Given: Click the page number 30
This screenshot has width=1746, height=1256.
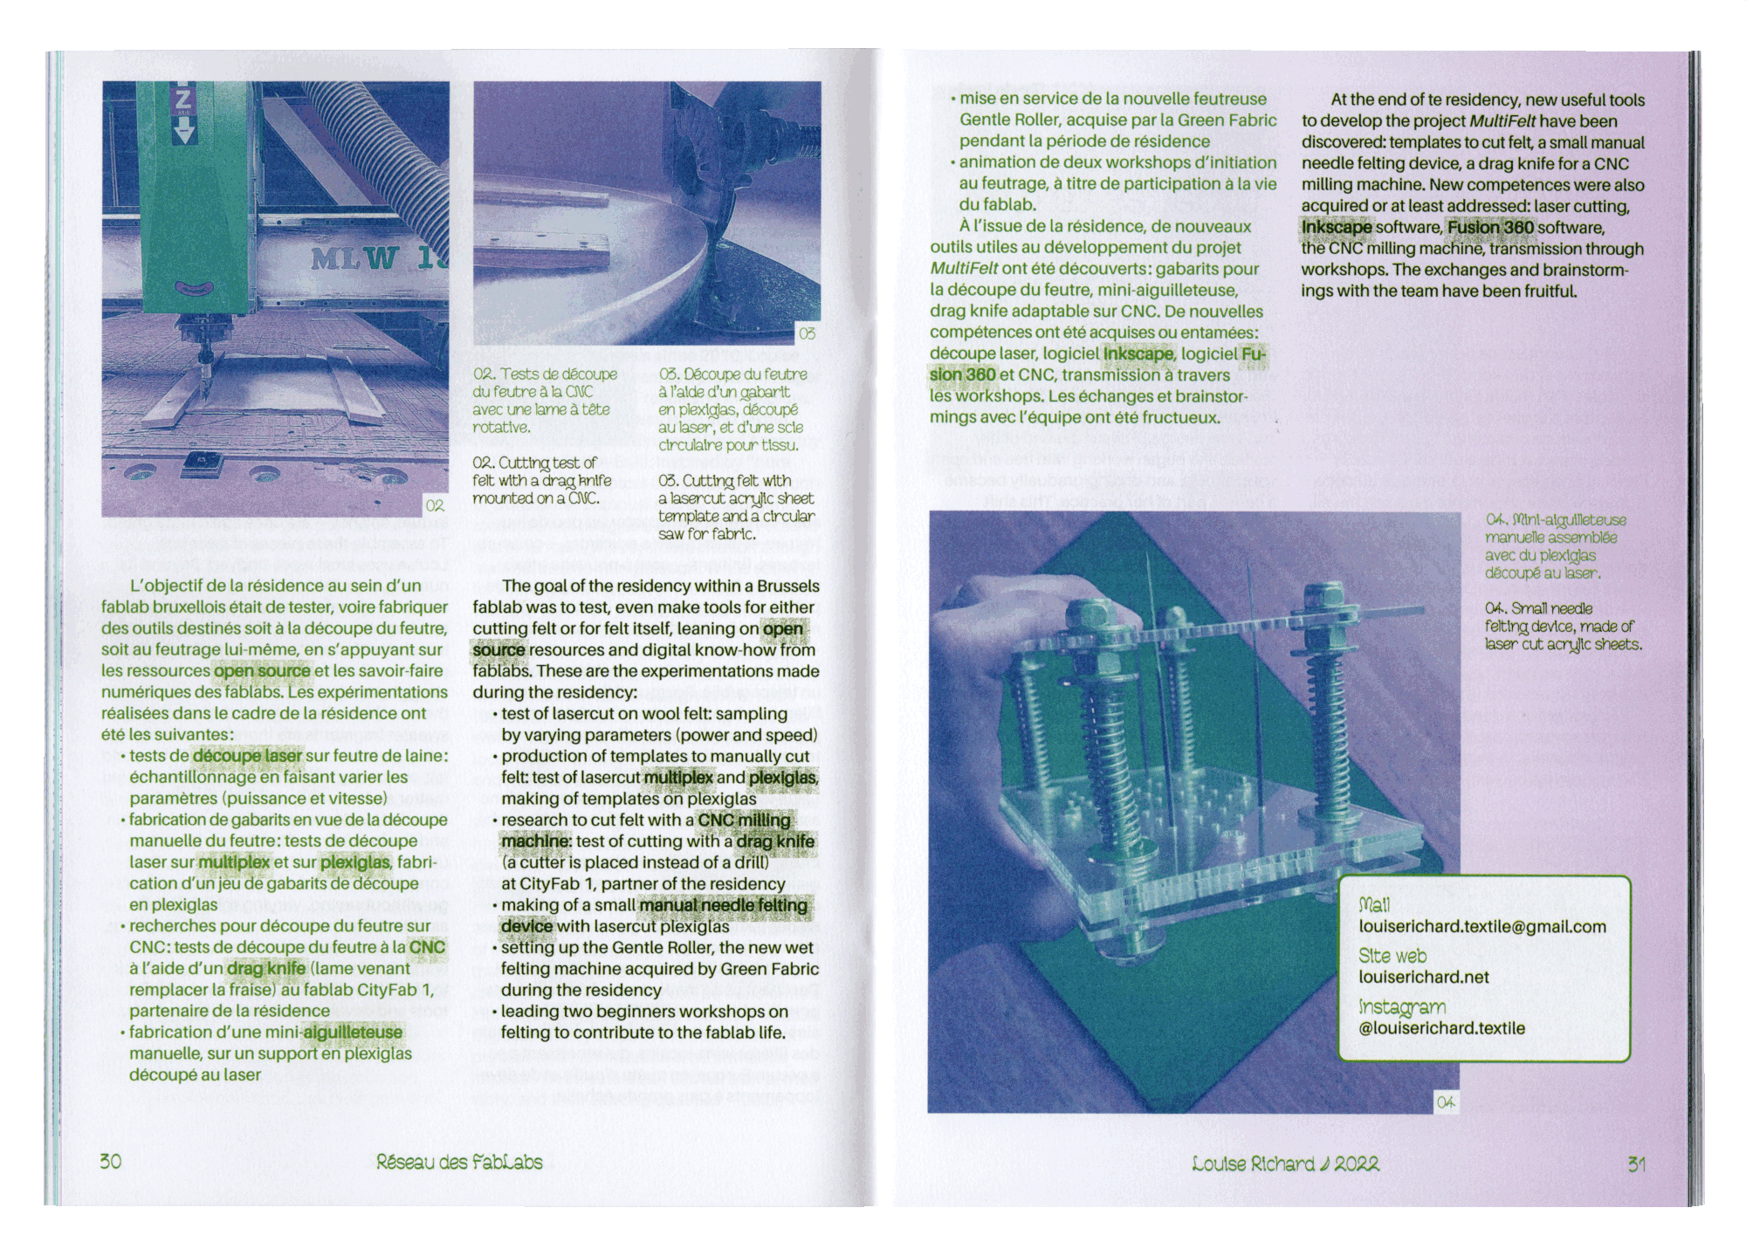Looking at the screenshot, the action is pyautogui.click(x=110, y=1162).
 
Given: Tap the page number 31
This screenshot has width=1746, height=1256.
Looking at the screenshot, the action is pyautogui.click(x=1636, y=1163).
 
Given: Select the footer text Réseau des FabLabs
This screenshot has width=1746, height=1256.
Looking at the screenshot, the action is pyautogui.click(x=459, y=1162).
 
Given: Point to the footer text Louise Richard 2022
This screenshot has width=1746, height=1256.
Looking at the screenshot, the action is pyautogui.click(x=1285, y=1163).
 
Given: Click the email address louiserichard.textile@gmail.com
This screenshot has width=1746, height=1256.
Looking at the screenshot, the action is pyautogui.click(x=1482, y=927).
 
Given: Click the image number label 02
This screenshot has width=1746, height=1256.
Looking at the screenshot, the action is pyautogui.click(x=435, y=505).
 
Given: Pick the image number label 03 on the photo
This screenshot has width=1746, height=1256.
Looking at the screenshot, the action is pyautogui.click(x=808, y=333).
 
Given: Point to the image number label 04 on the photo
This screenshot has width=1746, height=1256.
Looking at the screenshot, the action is pyautogui.click(x=1446, y=1103).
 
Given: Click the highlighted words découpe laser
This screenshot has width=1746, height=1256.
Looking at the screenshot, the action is pyautogui.click(x=247, y=756).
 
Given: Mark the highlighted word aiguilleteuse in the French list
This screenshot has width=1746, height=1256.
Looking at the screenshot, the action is pyautogui.click(x=353, y=1033).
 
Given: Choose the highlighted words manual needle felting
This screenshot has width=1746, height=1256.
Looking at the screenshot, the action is pyautogui.click(x=724, y=905).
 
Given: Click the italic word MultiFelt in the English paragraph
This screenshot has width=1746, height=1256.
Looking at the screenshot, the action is pyautogui.click(x=1502, y=121).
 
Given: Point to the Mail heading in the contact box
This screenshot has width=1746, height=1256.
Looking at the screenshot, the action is pyautogui.click(x=1374, y=904).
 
